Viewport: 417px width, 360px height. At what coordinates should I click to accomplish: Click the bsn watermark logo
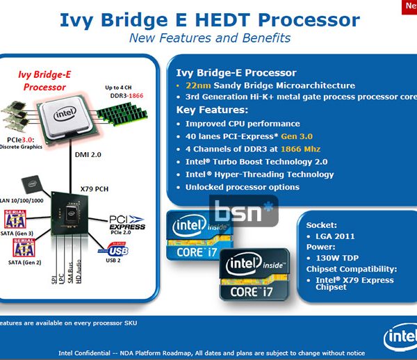point(244,211)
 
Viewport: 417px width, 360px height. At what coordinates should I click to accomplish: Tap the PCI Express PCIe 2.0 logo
point(127,224)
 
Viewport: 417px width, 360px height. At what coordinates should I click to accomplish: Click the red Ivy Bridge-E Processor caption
point(44,81)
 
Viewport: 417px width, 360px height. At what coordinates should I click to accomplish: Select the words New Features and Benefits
point(210,38)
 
